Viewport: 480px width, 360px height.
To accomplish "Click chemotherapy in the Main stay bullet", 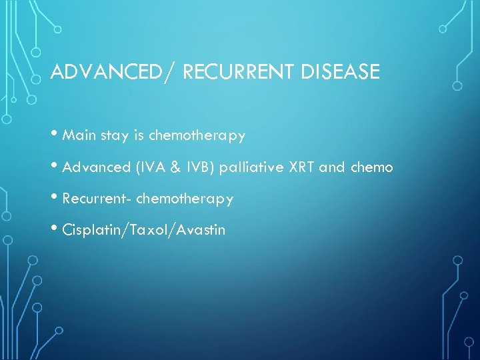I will point(197,136).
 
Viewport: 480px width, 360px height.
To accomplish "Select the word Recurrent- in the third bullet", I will point(96,199).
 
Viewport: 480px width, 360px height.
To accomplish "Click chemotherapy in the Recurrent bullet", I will point(185,199).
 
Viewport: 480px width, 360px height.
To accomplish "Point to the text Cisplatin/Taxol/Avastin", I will point(143,231).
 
